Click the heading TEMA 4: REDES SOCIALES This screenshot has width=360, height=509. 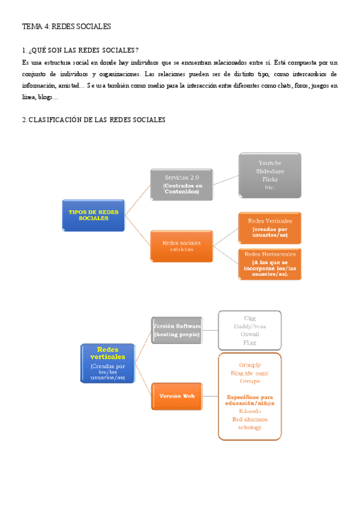(x=66, y=26)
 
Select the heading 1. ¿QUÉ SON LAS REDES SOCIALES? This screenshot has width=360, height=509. (x=80, y=50)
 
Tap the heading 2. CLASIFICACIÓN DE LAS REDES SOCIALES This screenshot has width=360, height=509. (x=93, y=120)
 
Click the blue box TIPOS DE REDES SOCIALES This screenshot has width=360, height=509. (x=93, y=215)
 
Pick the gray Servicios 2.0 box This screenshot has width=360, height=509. (x=182, y=185)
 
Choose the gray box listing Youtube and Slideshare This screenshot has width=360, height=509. (x=269, y=175)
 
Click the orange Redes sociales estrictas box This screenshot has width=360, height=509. (x=181, y=245)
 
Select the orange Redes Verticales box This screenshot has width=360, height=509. (x=269, y=228)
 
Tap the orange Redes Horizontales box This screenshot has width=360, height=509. (x=269, y=264)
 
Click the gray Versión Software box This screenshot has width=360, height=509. (x=177, y=329)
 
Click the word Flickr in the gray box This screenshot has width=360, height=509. (x=269, y=179)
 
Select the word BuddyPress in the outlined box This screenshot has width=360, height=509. (x=249, y=327)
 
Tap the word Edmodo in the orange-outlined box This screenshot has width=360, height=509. (x=250, y=411)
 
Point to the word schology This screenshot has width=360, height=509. (x=250, y=427)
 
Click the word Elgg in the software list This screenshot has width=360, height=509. (x=250, y=318)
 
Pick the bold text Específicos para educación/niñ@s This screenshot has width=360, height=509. (x=250, y=400)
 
